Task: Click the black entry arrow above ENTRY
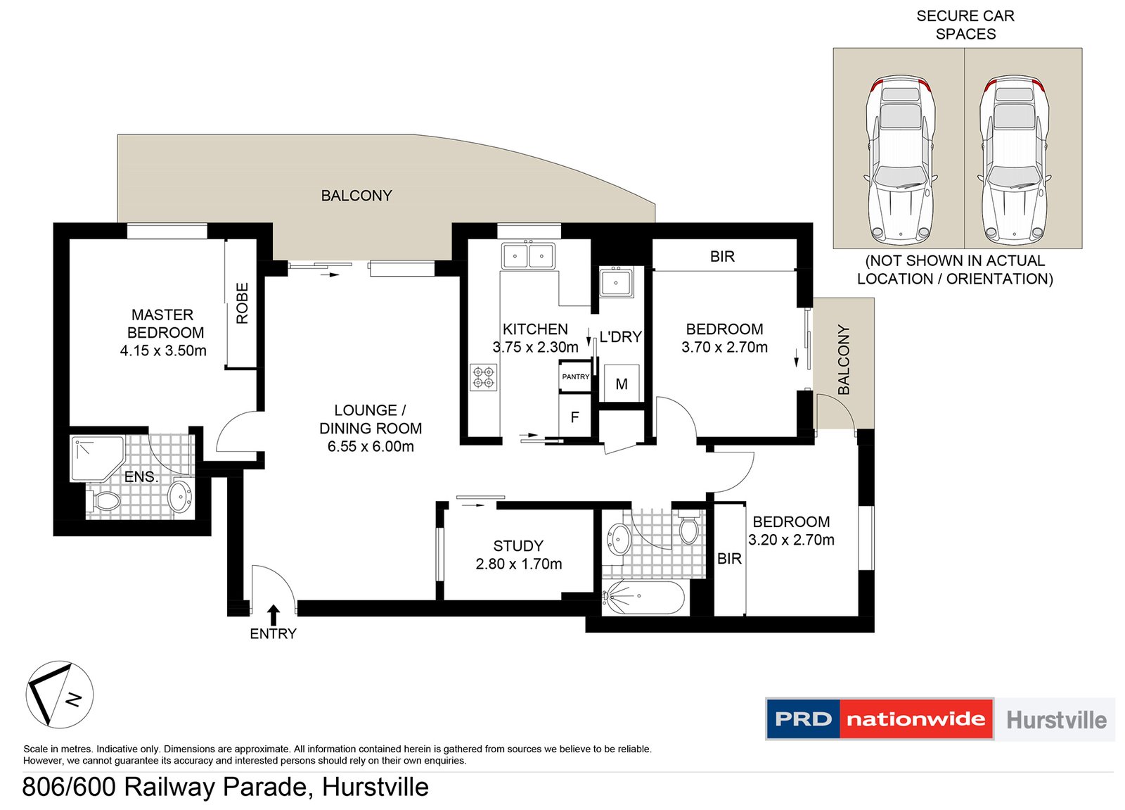pyautogui.click(x=274, y=614)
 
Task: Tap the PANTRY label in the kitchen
pyautogui.click(x=575, y=377)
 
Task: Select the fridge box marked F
pyautogui.click(x=574, y=417)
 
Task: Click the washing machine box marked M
pyautogui.click(x=622, y=384)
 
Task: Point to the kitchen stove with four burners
pyautogui.click(x=484, y=377)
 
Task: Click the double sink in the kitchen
pyautogui.click(x=528, y=256)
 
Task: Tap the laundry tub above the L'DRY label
pyautogui.click(x=616, y=283)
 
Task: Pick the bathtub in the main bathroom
pyautogui.click(x=643, y=597)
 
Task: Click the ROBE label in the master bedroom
pyautogui.click(x=243, y=303)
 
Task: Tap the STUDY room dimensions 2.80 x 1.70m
pyautogui.click(x=519, y=564)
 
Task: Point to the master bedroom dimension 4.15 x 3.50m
pyautogui.click(x=163, y=350)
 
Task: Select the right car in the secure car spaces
pyautogui.click(x=1014, y=158)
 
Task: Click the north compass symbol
pyautogui.click(x=60, y=695)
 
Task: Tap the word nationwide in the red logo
pyautogui.click(x=915, y=719)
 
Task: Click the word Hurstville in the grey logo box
pyautogui.click(x=1056, y=720)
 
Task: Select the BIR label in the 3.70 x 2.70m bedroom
pyautogui.click(x=722, y=257)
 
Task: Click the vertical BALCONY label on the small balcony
pyautogui.click(x=844, y=360)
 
